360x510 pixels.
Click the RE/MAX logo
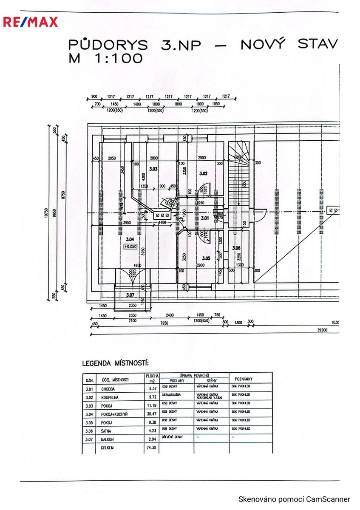coord(30,22)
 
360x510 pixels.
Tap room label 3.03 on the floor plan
coord(153,169)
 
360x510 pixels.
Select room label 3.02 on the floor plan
coord(203,173)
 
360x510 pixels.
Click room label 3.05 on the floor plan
coord(206,258)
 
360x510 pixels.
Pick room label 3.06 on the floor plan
coord(236,248)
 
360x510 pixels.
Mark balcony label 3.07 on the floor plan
coord(130,295)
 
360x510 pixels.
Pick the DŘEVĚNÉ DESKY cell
coord(173,437)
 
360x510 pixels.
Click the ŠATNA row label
coord(106,431)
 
